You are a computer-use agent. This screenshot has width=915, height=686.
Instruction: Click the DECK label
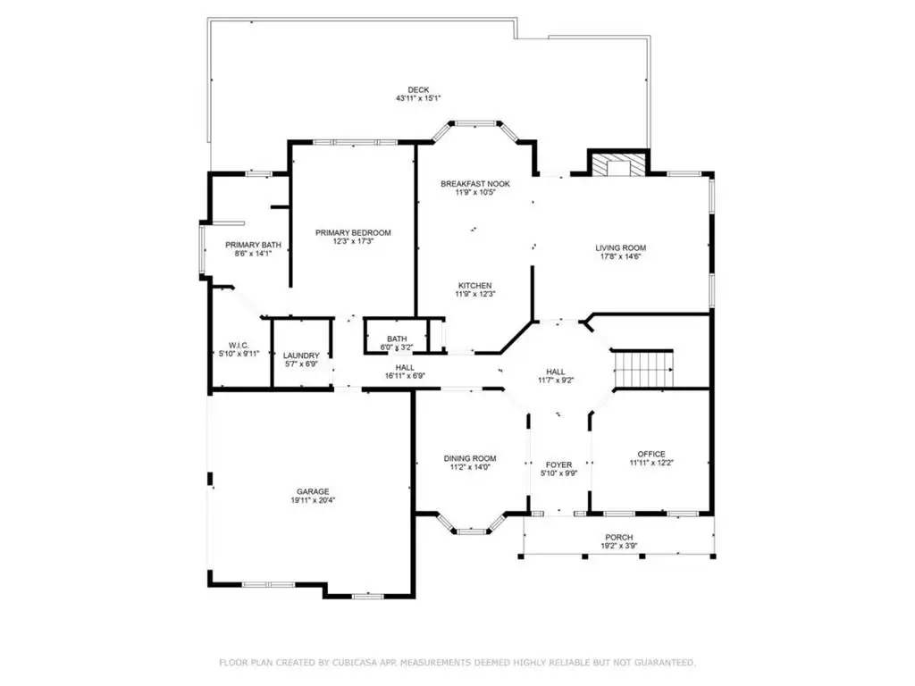point(418,90)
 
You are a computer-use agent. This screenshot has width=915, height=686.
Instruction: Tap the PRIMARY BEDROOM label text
point(353,233)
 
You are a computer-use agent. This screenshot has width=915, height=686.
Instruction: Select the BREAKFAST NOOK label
point(475,184)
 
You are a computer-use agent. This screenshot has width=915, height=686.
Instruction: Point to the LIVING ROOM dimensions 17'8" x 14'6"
point(620,256)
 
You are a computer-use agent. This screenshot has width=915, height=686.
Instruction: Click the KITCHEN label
point(475,286)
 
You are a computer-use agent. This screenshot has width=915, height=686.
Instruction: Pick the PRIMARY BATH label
point(253,245)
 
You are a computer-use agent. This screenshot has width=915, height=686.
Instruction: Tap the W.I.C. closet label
point(239,346)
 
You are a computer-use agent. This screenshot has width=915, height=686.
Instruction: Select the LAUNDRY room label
point(301,356)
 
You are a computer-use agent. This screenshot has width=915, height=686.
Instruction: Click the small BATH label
point(397,339)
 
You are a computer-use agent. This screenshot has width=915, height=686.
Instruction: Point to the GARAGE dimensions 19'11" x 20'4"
point(313,500)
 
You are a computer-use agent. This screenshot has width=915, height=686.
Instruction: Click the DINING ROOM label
point(470,458)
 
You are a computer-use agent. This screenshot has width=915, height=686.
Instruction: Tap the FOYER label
point(559,464)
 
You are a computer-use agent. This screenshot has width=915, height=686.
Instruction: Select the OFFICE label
point(651,455)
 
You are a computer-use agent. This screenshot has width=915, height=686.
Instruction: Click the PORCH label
point(619,537)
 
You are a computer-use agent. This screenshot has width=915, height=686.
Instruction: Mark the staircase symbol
point(642,369)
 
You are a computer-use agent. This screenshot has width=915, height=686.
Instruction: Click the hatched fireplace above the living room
point(618,164)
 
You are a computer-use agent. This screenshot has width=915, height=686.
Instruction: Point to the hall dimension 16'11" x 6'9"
point(405,376)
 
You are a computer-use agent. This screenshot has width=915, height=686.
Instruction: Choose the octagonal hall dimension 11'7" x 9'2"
point(556,381)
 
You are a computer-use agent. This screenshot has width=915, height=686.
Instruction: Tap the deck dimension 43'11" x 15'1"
point(418,98)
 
